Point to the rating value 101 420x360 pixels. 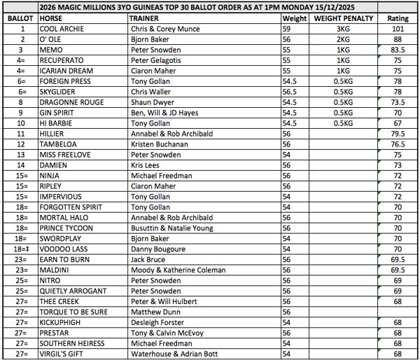(398, 29)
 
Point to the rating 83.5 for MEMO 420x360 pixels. (398, 50)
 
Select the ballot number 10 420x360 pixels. (22, 123)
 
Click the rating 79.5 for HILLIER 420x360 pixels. (398, 133)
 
